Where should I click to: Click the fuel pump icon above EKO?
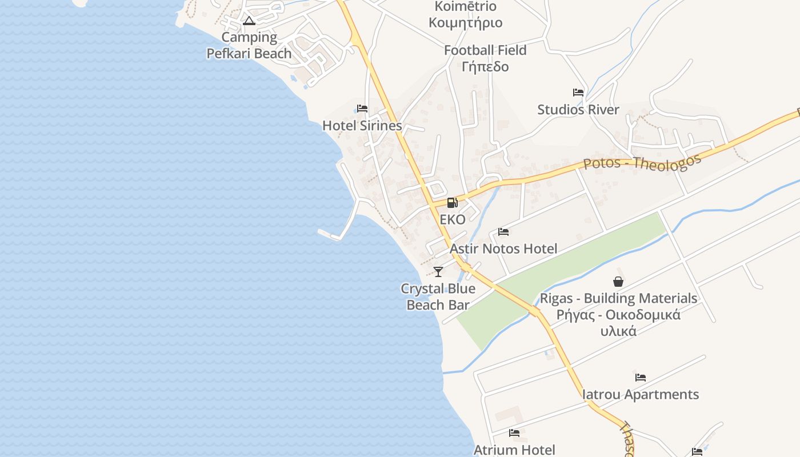[452, 202]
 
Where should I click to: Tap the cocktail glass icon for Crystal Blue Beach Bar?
[438, 271]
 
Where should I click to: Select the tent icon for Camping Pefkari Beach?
[249, 21]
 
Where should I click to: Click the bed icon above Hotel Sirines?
[362, 109]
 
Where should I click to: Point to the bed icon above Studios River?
[578, 93]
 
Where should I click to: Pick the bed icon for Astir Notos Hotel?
[503, 232]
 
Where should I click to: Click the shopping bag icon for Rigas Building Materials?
[618, 282]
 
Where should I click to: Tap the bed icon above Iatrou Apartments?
[641, 378]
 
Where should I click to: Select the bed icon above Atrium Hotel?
[514, 433]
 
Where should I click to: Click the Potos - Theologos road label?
[642, 162]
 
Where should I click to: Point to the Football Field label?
[485, 50]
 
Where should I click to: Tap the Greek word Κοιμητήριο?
[466, 23]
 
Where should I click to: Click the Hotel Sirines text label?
[362, 126]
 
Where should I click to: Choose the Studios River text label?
[578, 110]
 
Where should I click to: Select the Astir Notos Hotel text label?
[503, 249]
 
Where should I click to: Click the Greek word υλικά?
[618, 331]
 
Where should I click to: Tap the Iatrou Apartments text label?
[641, 395]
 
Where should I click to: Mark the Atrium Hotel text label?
[514, 450]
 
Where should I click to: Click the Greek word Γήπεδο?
[485, 67]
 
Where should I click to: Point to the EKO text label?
[452, 219]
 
